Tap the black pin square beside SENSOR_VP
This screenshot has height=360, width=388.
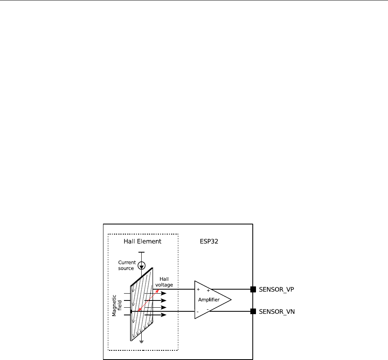253,289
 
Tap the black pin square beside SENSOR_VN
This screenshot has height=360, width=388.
253,311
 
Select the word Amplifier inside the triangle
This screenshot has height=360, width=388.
209,300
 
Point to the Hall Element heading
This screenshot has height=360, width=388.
142,241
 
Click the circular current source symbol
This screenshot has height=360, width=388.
141,265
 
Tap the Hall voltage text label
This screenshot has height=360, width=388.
166,282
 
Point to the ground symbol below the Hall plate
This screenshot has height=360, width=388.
141,342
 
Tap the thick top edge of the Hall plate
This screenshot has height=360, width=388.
141,277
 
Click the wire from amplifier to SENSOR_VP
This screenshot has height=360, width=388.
231,289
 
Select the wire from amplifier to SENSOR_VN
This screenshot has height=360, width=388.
231,311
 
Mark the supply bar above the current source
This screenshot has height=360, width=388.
141,253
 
